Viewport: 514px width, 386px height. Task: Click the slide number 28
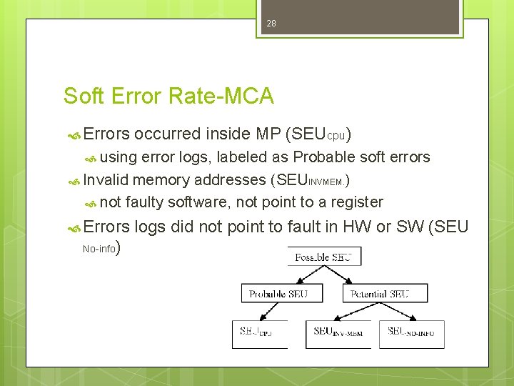271,24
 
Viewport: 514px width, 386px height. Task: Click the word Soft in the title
81,96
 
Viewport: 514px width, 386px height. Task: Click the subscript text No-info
99,249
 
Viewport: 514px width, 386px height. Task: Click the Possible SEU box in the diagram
324,256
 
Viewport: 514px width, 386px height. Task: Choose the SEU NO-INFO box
412,332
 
